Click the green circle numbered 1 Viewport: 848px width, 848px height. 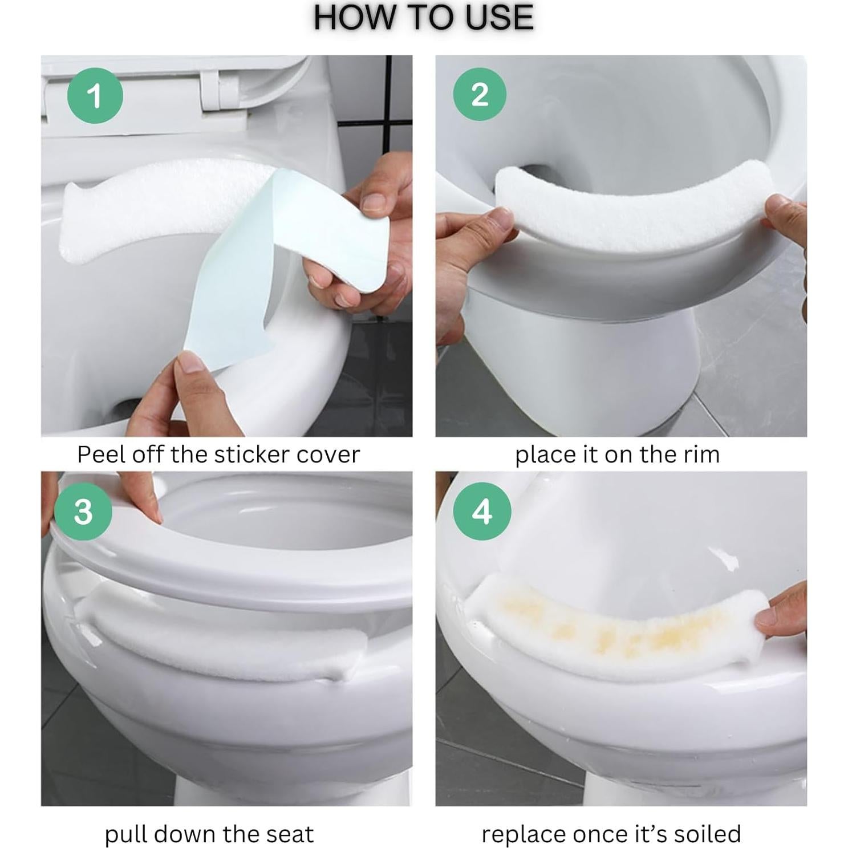tap(95, 95)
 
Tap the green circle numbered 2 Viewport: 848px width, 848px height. tap(480, 94)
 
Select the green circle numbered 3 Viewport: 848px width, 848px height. tap(83, 512)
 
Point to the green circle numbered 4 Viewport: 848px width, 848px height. tap(482, 511)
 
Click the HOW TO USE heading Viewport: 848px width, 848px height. tap(423, 18)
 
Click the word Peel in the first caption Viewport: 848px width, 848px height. tap(101, 455)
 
